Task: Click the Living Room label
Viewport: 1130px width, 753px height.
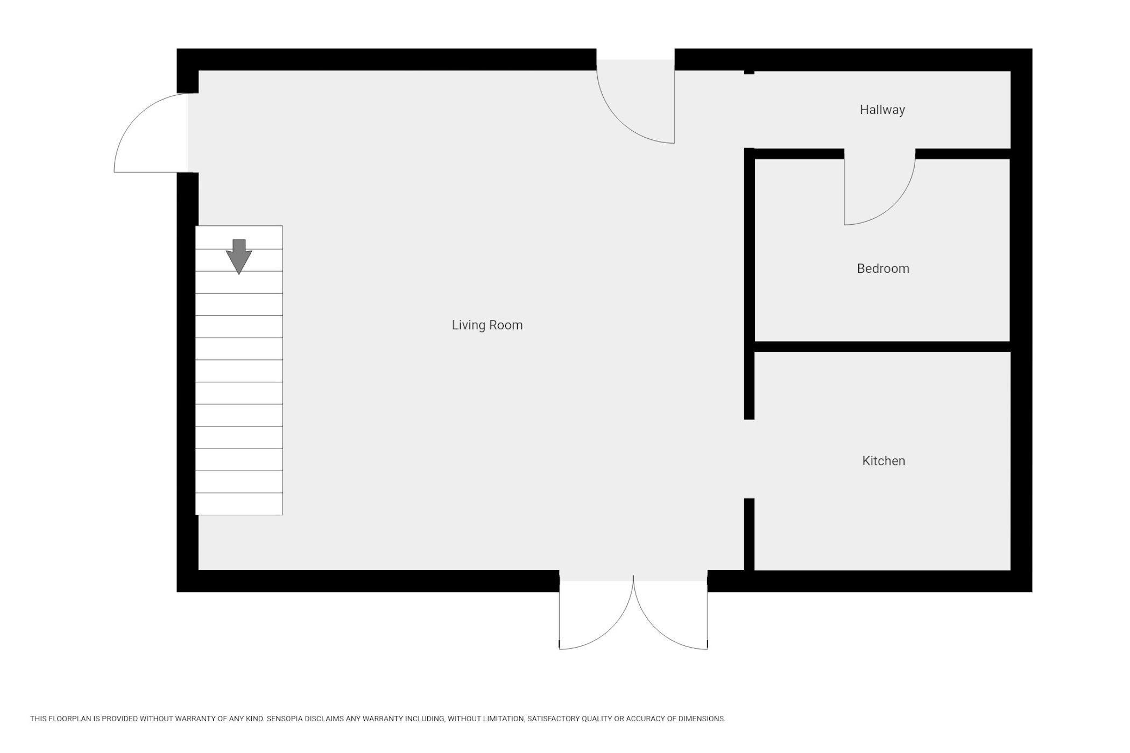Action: pyautogui.click(x=487, y=325)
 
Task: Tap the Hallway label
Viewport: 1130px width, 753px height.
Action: pyautogui.click(x=882, y=110)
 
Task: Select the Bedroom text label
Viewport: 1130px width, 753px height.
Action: pyautogui.click(x=883, y=268)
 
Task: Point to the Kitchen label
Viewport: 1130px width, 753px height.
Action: pyautogui.click(x=884, y=461)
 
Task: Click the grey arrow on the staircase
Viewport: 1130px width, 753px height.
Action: pyautogui.click(x=239, y=257)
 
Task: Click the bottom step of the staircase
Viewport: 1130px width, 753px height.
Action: pyautogui.click(x=239, y=504)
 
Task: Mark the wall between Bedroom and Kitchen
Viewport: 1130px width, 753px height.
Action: pyautogui.click(x=882, y=346)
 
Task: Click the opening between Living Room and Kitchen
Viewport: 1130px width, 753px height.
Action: pyautogui.click(x=749, y=459)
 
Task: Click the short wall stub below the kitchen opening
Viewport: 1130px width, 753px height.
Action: pyautogui.click(x=749, y=534)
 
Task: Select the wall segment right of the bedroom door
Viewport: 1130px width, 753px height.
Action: pyautogui.click(x=963, y=154)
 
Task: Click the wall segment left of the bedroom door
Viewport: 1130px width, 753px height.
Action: pyautogui.click(x=799, y=154)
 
